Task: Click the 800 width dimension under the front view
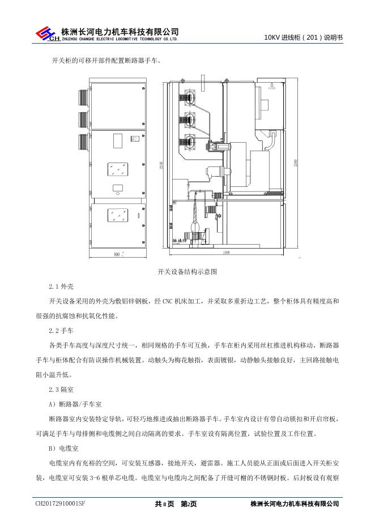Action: [x=117, y=254]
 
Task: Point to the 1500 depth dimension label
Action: [x=226, y=252]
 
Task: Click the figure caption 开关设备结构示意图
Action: [x=187, y=272]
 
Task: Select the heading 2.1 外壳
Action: [x=62, y=287]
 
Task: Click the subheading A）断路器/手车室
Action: [x=75, y=404]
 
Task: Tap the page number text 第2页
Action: [x=189, y=503]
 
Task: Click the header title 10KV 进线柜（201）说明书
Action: [x=304, y=37]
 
